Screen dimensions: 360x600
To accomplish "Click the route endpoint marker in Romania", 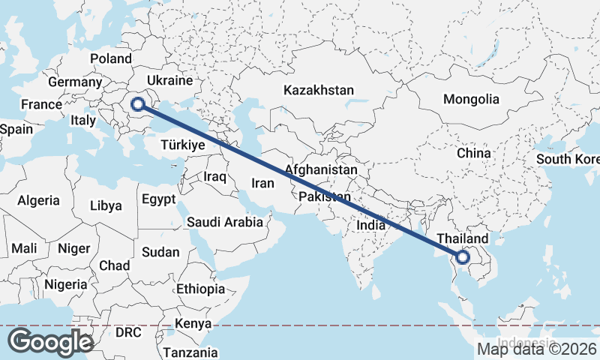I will point(138,104).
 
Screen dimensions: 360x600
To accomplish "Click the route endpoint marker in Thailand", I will point(462,257).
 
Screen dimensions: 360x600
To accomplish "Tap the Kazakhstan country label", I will point(318,90).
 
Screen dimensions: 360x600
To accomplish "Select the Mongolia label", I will point(470,99).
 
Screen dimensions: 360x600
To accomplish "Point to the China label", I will point(473,153).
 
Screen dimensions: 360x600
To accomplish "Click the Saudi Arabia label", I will point(224,222).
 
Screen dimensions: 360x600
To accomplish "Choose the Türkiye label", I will point(183,145).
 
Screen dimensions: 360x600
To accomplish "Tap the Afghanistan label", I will point(320,169).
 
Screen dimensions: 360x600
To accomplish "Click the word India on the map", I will point(371,224).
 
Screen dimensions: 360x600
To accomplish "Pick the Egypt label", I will point(157,200).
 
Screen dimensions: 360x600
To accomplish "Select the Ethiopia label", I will point(200,289).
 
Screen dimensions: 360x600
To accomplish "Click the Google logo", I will point(50,342).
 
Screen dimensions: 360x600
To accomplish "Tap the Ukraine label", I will point(171,80).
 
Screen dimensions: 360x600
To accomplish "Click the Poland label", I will point(110,58).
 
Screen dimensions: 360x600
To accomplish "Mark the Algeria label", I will point(38,200).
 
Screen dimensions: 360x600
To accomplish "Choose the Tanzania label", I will point(190,352).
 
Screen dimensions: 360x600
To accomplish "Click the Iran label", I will point(263,183).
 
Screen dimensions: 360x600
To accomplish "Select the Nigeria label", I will point(66,284).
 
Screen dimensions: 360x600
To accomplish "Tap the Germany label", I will point(74,82).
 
